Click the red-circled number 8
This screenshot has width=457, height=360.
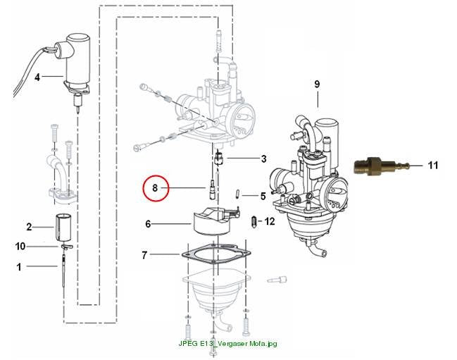point(155,188)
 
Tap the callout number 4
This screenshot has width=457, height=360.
point(37,77)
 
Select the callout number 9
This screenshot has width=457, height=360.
point(317,85)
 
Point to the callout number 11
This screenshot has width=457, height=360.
point(433,166)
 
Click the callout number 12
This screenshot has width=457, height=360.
point(270,221)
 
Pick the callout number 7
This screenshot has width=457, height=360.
point(144,255)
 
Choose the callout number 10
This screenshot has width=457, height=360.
point(20,247)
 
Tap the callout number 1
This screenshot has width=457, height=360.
point(19,267)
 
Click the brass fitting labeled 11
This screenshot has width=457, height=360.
point(381,166)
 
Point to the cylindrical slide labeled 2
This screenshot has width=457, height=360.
point(63,228)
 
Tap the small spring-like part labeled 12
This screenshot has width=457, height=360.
point(254,223)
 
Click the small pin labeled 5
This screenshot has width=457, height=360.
point(237,194)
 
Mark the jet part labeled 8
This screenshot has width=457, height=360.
point(212,190)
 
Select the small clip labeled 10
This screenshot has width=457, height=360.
point(67,247)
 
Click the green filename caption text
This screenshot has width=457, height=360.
point(227,343)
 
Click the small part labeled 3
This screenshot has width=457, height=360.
point(219,159)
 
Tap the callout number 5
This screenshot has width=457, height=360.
point(263,196)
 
